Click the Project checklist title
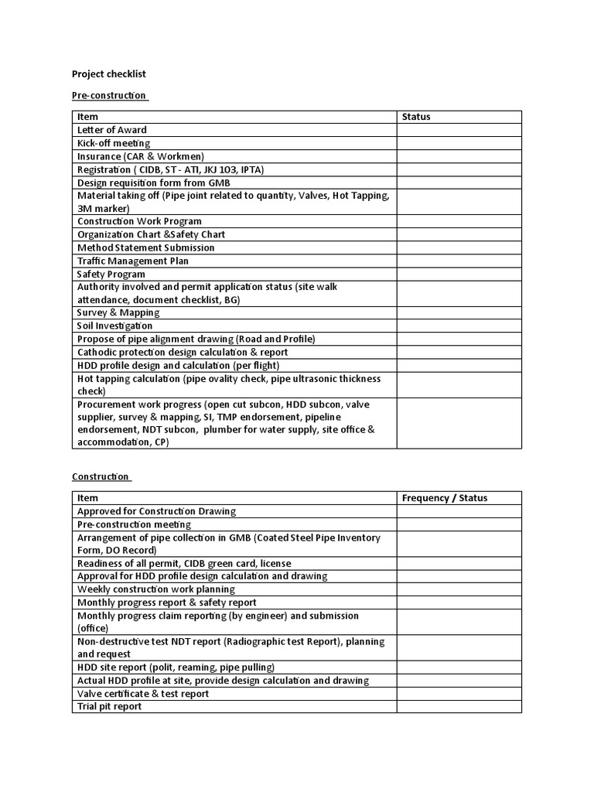point(109,74)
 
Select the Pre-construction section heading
point(109,95)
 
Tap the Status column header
point(416,117)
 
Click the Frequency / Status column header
point(445,498)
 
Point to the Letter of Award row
point(112,130)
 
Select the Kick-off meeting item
point(114,143)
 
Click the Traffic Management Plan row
point(133,261)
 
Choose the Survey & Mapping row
point(118,312)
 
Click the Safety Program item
point(111,274)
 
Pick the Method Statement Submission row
point(146,247)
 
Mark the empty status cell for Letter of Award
point(459,130)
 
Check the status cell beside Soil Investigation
point(459,326)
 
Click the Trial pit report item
point(110,706)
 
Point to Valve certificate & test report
point(143,694)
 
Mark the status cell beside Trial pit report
point(459,706)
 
